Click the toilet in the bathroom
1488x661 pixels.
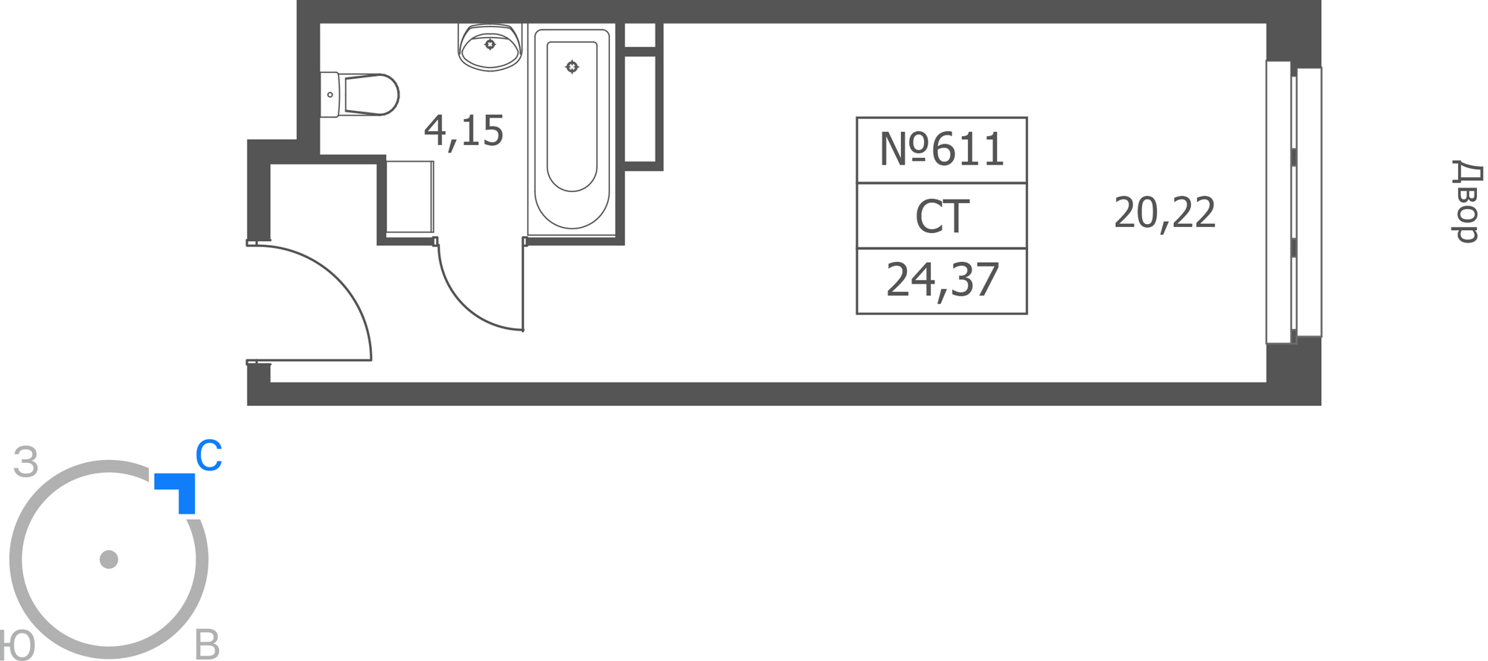360,95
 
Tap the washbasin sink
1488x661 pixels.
490,46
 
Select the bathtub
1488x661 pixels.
571,130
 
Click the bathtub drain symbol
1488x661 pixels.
571,67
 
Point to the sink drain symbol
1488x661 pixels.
490,45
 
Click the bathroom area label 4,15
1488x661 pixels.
464,131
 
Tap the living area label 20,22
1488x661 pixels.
1164,213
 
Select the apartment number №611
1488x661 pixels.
941,149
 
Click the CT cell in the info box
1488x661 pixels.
942,217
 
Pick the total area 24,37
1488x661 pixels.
942,281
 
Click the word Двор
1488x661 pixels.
1466,201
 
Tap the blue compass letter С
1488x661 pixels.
208,456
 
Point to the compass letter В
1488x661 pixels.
207,645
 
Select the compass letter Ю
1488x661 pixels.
16,645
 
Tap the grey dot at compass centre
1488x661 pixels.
109,559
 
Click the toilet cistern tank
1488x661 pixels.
330,95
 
